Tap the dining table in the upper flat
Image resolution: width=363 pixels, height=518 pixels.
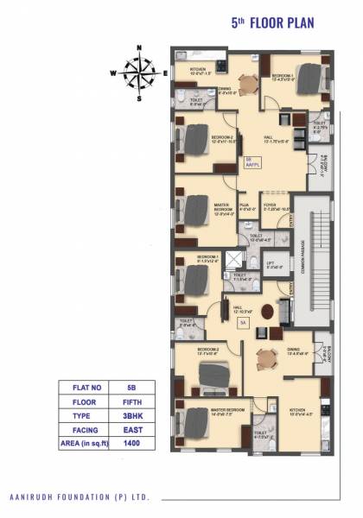(x=246, y=85)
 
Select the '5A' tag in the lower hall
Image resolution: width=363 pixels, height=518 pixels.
(x=244, y=322)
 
